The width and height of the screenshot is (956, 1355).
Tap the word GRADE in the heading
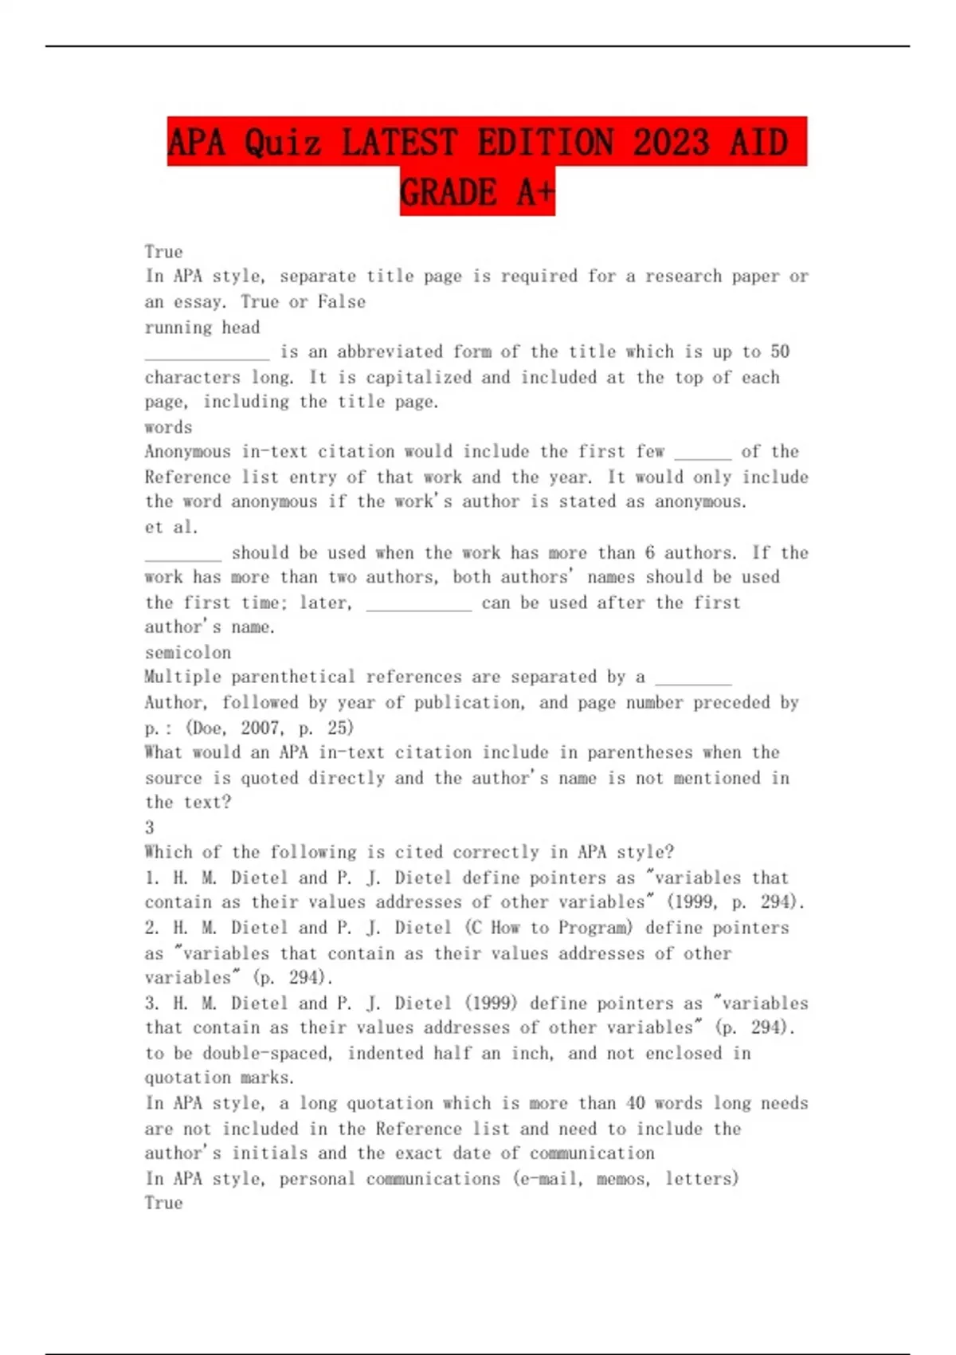tap(448, 192)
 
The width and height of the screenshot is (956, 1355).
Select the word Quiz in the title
tap(283, 142)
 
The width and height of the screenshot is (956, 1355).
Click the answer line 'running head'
tap(202, 327)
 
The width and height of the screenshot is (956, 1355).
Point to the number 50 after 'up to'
tap(780, 352)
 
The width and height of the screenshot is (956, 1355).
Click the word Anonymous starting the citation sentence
tap(187, 452)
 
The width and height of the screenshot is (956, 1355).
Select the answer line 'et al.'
tap(171, 527)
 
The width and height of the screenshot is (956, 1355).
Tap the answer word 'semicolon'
tap(188, 652)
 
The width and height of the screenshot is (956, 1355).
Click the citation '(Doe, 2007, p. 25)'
tap(269, 728)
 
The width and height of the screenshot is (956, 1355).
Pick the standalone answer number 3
tap(150, 827)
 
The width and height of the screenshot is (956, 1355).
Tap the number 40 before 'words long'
tap(635, 1103)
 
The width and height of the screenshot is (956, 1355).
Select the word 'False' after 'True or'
tap(342, 302)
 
